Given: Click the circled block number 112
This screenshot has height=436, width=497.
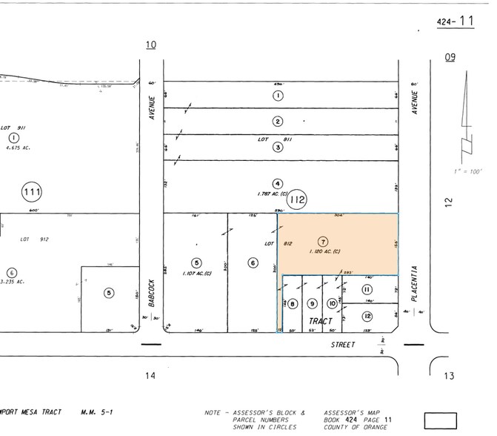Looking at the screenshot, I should coord(298,199).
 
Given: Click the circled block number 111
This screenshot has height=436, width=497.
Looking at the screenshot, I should coord(32,193).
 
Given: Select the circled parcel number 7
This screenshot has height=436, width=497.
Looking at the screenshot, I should coord(321,242).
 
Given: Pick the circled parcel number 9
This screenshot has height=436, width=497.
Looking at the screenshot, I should coord(313,303).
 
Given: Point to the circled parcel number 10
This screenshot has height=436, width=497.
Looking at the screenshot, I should coord(333,303).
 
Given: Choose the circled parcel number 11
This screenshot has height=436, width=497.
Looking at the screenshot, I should coord(367,289).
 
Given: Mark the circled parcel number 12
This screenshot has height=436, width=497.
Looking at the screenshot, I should coord(367,316).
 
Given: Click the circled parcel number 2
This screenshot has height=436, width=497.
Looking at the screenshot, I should coord(278,122).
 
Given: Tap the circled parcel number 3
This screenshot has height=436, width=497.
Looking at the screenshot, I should coord(278,147).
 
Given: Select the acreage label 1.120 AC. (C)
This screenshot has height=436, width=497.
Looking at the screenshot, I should coord(323,252).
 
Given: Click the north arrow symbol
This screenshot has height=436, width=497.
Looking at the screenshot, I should coord(466,119).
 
